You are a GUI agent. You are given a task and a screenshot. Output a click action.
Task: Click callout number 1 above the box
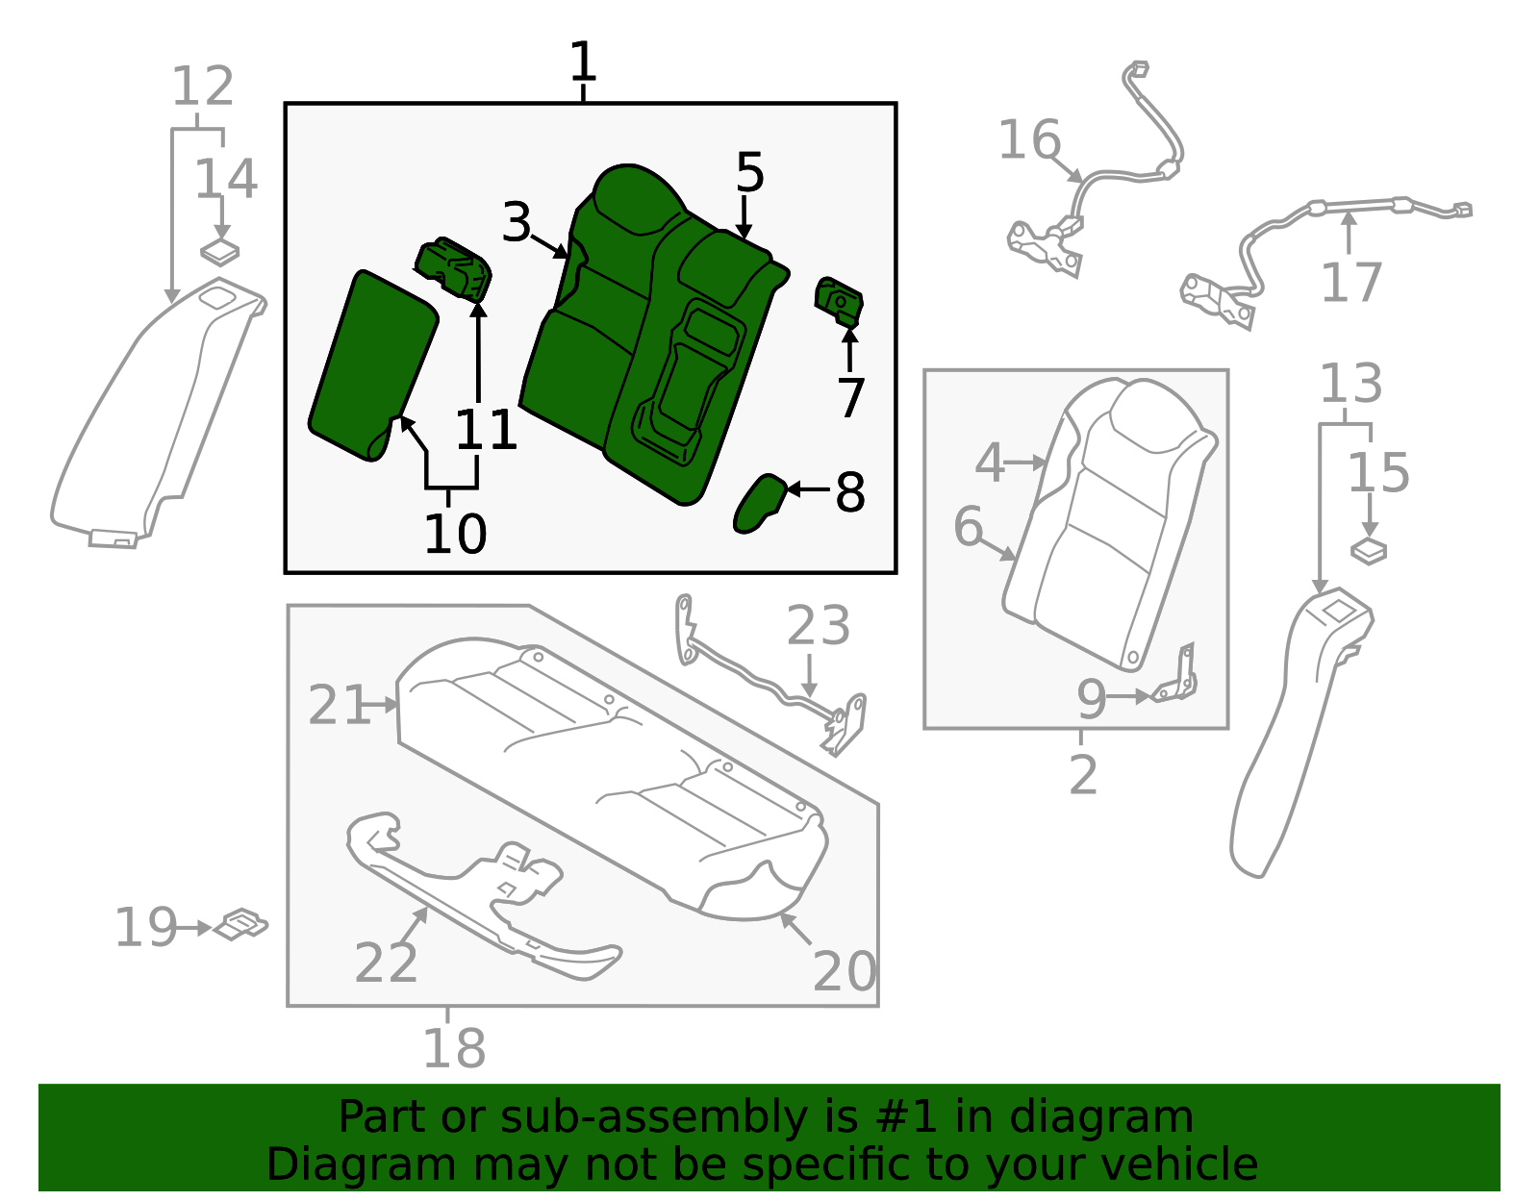(583, 63)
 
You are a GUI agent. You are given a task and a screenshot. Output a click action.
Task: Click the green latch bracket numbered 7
(839, 299)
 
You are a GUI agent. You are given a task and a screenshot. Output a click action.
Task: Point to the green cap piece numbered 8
(759, 503)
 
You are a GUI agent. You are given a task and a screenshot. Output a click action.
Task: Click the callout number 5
(749, 173)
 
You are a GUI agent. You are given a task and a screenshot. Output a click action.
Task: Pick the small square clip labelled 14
(219, 252)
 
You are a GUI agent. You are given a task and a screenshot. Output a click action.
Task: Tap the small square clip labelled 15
(1368, 551)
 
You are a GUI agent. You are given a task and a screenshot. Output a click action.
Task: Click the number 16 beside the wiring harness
(1028, 140)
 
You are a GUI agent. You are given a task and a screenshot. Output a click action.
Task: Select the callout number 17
(1350, 282)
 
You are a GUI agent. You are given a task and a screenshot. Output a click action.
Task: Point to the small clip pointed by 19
(240, 925)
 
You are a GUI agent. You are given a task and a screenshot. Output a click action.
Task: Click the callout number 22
(386, 963)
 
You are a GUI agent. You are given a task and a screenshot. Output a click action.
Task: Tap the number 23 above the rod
(819, 626)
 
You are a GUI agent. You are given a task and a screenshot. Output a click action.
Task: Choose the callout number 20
(844, 971)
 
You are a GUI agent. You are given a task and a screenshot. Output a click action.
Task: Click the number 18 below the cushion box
(454, 1048)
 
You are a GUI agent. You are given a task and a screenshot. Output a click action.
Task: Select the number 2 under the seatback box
(1082, 775)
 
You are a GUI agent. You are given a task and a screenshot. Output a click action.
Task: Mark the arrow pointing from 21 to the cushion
(384, 705)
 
